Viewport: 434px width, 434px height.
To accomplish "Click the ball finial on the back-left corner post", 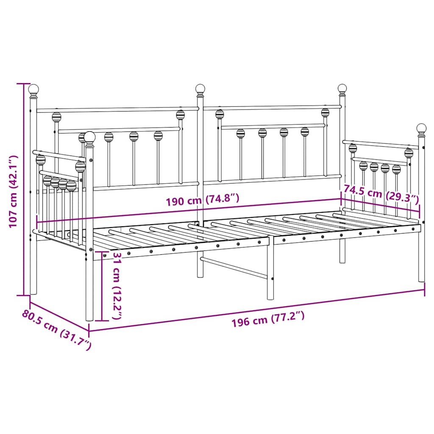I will pos(33,89).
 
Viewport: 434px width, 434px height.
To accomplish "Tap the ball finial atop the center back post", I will pos(200,89).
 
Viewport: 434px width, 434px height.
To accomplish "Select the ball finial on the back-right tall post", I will pos(342,89).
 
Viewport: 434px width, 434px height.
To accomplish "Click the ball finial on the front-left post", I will pos(89,136).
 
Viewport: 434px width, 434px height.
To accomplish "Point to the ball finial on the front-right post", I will pos(421,128).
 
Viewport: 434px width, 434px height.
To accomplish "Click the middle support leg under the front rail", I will pos(270,271).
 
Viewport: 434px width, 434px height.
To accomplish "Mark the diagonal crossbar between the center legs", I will pos(234,267).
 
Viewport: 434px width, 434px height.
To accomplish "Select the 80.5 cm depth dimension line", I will pos(59,313).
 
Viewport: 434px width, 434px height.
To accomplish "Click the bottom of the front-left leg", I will pos(89,318).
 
